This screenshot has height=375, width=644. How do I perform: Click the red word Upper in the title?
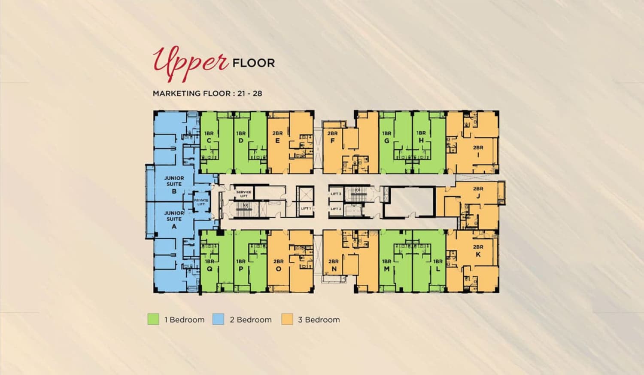coord(191,62)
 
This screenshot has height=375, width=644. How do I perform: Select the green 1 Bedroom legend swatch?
coord(153,319)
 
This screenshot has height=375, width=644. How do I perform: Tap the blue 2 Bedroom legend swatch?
coord(218,319)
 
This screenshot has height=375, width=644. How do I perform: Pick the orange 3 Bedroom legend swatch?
coord(287,319)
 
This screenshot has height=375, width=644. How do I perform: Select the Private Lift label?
coord(201,202)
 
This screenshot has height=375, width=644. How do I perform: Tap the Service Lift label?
coord(243,194)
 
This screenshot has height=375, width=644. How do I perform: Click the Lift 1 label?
coord(306,208)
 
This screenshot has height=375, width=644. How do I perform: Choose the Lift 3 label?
coord(336,194)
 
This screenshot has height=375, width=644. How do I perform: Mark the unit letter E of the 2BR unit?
coord(278,141)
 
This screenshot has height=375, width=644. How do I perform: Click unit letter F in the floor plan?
coord(332,141)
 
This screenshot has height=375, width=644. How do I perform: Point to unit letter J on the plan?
coord(478,196)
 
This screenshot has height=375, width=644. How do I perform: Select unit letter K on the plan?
coord(478,254)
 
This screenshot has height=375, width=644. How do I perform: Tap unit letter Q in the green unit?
coord(210,269)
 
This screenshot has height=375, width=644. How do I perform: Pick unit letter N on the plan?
coord(334,269)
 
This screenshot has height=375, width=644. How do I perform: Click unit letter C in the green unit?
coord(209,141)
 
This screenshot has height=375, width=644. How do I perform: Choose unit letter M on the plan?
coord(387,269)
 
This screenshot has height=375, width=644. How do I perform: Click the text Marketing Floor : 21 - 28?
coord(207,93)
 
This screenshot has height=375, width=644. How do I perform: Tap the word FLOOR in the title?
coord(253,63)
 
